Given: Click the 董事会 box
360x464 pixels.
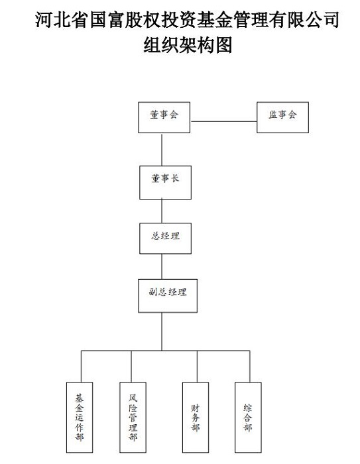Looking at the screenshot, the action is coord(164,117).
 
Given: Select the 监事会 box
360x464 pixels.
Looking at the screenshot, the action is coord(282,117).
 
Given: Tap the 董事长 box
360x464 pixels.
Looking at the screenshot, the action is coord(166,182).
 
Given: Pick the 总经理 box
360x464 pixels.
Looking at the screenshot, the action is coord(166,239).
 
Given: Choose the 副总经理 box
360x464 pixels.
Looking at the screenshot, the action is coord(168,296).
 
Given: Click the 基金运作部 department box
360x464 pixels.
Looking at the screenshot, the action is coord(80,418).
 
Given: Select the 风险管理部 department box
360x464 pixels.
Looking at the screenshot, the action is coord(133,418).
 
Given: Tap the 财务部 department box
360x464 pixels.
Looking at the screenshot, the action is coord(196,418).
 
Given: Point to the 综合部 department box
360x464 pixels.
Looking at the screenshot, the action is coord(249,418).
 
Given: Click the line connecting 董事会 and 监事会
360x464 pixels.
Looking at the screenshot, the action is coord(223,121).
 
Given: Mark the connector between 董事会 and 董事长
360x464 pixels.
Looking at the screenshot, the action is coord(162,150).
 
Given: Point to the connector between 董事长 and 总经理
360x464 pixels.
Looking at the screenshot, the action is coord(162,211).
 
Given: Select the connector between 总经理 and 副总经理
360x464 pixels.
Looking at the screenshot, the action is coord(162,266).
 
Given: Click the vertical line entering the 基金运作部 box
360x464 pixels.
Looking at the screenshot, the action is coord(82,367).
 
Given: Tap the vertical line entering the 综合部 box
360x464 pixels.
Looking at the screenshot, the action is coord(249,367).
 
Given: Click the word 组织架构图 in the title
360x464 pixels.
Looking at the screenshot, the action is coord(188,45).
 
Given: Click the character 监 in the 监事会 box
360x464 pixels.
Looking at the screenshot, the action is coord(272,115).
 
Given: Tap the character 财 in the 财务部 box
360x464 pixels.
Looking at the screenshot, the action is coord(195,408).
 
